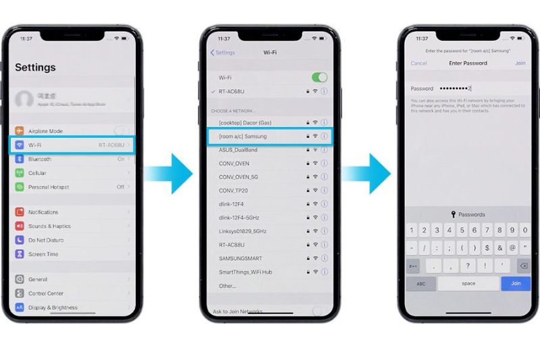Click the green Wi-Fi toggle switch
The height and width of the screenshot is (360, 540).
(319, 78)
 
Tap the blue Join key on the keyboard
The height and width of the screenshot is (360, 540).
(516, 284)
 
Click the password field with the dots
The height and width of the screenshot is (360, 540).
(473, 88)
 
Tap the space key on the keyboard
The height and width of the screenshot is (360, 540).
(468, 284)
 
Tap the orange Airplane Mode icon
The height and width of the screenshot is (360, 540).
(20, 130)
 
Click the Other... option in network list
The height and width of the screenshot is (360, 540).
(227, 286)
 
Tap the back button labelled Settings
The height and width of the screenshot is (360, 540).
(223, 52)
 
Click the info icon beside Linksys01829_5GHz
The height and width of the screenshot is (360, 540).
(324, 231)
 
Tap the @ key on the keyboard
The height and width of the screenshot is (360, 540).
(512, 248)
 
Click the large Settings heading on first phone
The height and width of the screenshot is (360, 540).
(35, 68)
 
